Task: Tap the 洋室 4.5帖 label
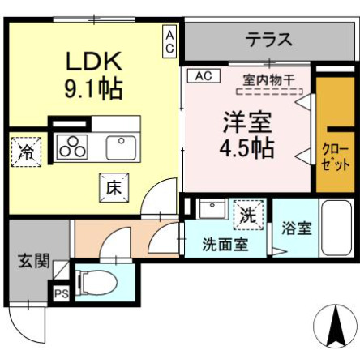[x=247, y=135]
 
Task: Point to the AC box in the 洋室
[x=204, y=76]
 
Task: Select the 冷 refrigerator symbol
[x=26, y=151]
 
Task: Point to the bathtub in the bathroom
[x=333, y=229]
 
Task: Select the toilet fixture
[x=96, y=283]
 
